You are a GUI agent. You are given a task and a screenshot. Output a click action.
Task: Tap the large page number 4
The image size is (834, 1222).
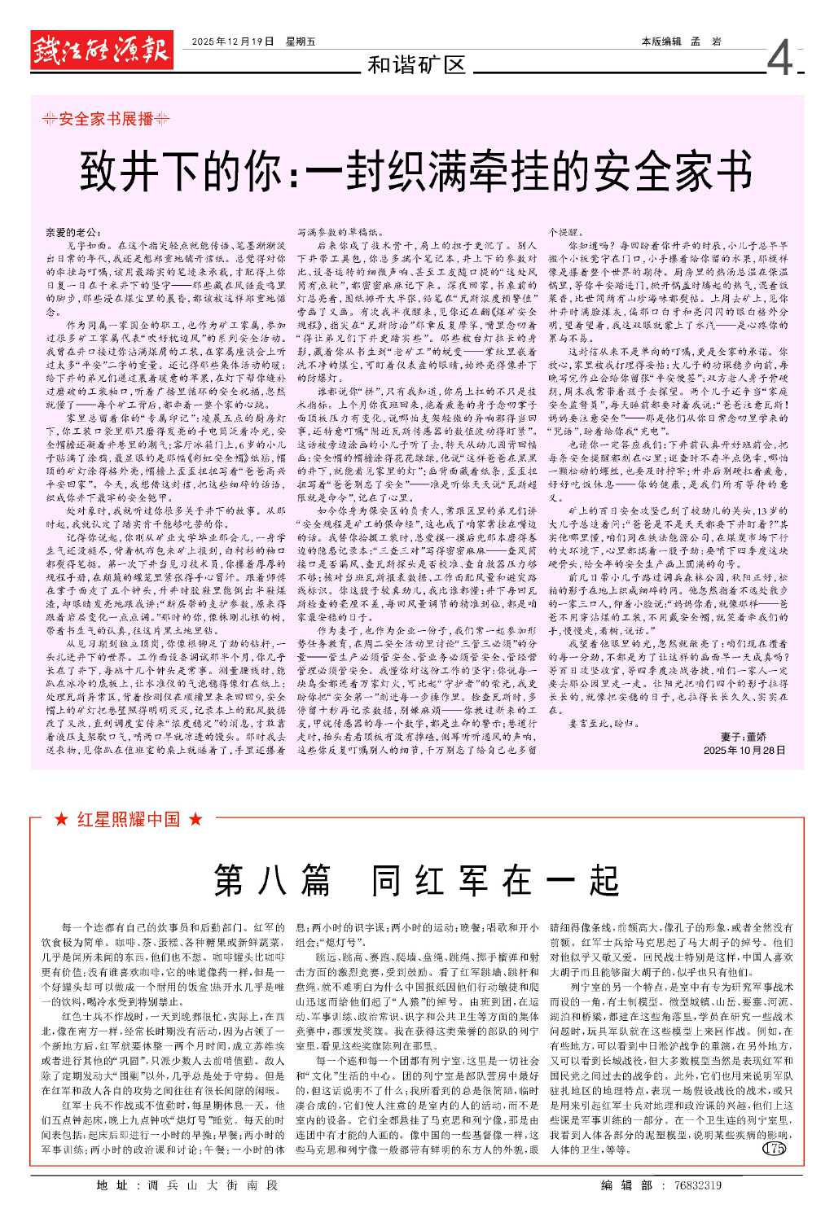click(779, 59)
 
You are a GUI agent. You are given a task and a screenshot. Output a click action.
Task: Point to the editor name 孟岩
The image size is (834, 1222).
click(705, 42)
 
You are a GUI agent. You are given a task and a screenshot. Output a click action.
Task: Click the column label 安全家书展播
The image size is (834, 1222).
click(107, 119)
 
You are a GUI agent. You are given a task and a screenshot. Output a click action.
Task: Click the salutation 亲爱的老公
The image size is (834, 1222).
click(75, 233)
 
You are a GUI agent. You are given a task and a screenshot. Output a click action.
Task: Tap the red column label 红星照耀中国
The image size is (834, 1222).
click(129, 820)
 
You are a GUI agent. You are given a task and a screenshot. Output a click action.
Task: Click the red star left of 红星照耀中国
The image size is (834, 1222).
click(60, 820)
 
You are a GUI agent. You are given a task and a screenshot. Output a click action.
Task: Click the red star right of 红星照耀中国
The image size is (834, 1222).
click(195, 820)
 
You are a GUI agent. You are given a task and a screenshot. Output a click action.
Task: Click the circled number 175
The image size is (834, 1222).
click(774, 1149)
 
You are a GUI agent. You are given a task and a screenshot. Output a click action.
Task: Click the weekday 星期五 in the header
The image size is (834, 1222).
click(301, 42)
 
